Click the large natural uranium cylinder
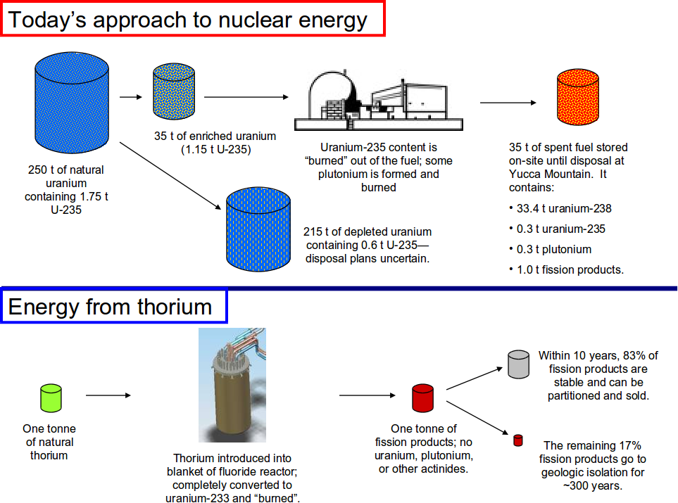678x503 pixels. (71, 100)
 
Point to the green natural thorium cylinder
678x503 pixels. (51, 397)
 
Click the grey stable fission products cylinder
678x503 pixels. (517, 364)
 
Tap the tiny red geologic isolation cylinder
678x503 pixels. (518, 441)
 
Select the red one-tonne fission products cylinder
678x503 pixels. (422, 398)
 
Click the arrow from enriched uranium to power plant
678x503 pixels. (246, 97)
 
